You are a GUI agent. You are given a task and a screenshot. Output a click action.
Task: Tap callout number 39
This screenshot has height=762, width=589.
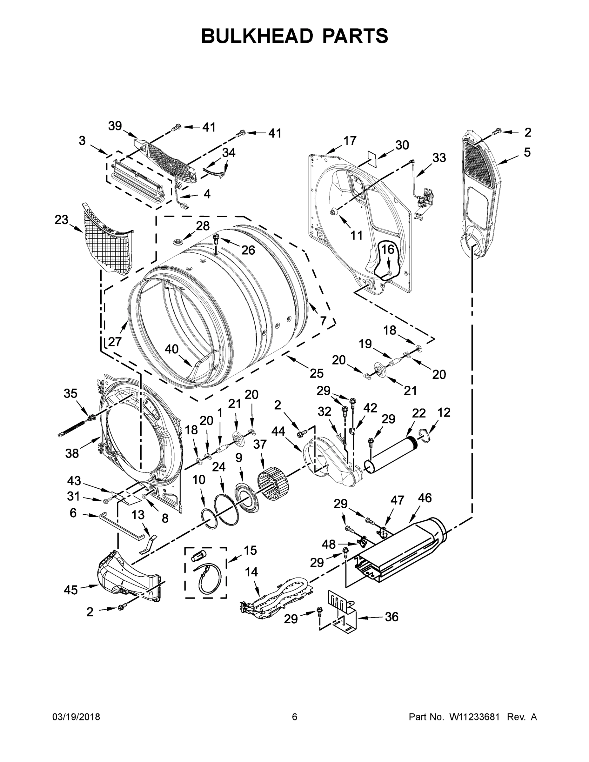[x=115, y=126]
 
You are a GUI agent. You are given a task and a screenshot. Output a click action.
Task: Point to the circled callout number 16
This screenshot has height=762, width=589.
[x=387, y=250]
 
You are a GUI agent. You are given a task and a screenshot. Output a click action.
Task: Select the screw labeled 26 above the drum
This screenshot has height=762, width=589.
[x=215, y=239]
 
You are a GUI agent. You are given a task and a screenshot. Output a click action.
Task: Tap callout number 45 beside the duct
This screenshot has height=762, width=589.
[x=71, y=590]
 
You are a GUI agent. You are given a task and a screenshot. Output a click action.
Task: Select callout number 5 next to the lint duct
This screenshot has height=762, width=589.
[x=527, y=152]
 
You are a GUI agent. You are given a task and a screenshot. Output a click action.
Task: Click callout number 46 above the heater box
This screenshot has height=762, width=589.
[x=425, y=498]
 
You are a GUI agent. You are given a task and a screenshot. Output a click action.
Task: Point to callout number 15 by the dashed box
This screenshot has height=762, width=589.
[x=250, y=550]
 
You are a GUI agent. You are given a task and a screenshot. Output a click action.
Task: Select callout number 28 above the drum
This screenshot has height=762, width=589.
[x=202, y=226]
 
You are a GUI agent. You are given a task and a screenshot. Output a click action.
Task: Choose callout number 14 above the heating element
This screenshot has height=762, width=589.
[x=251, y=572]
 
